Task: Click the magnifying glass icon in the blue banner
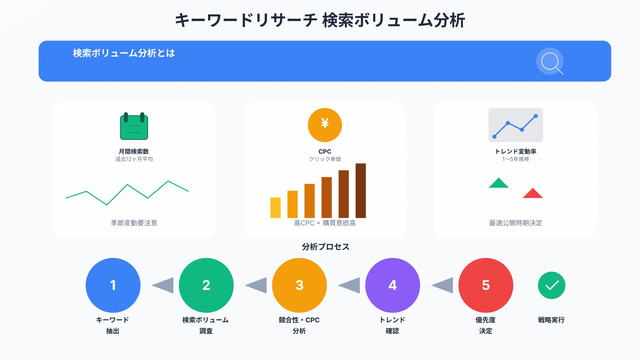pos(550,61)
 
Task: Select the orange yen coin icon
pos(325,125)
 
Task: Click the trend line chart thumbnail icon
pos(516,125)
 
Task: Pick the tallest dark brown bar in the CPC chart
pos(361,191)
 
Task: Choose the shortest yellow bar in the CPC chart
pos(275,208)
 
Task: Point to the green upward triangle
pos(499,183)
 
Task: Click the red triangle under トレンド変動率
pos(533,193)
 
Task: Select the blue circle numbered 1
pos(113,285)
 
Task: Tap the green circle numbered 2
pos(206,285)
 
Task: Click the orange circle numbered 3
pos(299,285)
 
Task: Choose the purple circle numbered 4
pos(393,285)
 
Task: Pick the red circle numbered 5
pos(486,285)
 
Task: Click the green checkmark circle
pos(552,285)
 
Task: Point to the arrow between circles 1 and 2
pos(163,285)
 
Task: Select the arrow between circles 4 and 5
pos(442,285)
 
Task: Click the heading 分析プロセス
pos(326,247)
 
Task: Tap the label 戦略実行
pos(551,320)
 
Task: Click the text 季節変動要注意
pos(134,223)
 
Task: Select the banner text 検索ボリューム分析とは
pos(124,53)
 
